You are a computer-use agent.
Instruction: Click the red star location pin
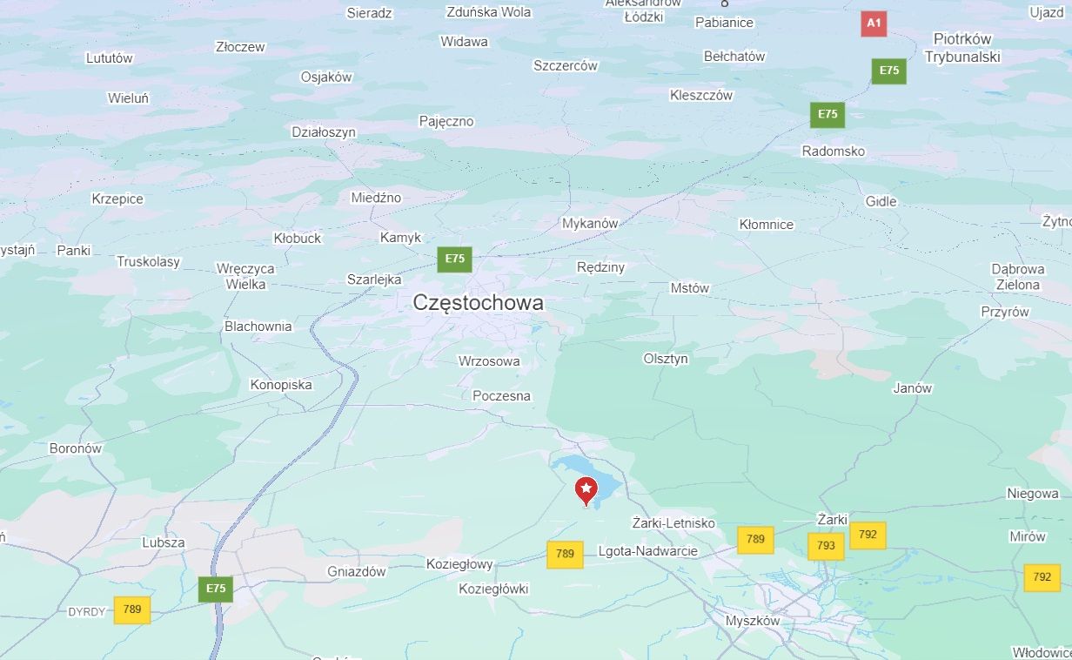coord(586,489)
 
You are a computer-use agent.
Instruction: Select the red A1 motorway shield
coord(874,24)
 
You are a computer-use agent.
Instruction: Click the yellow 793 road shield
coord(826,546)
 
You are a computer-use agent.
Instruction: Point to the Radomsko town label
coord(833,152)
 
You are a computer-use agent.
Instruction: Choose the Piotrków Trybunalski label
coord(962,48)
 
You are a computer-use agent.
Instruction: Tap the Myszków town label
coord(753,621)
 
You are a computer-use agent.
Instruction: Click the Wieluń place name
coord(128,98)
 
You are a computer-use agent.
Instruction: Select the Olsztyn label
coord(666,359)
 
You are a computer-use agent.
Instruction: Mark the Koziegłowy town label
coord(459,564)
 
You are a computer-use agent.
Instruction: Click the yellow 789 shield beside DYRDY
coord(132,609)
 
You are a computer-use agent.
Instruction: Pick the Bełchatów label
coord(734,57)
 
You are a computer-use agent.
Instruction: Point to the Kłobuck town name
coord(298,238)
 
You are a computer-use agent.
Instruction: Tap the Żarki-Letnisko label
coord(673,523)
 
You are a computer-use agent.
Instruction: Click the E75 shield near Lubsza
coord(215,589)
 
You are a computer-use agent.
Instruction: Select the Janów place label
coord(912,388)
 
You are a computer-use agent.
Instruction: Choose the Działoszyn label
coord(324,132)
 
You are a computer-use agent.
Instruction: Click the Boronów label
coord(76,448)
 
